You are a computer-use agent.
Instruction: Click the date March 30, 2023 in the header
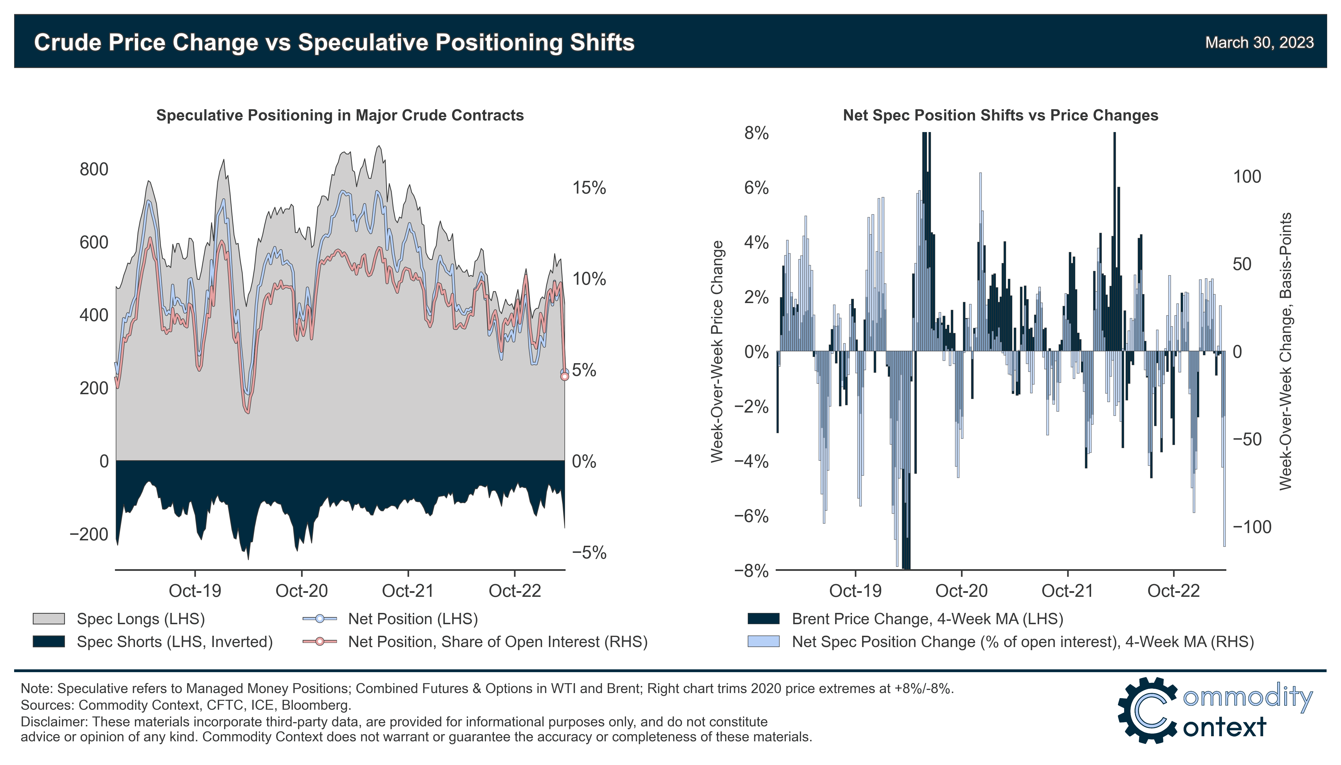[1259, 43]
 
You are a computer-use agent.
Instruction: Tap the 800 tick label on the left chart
[93, 170]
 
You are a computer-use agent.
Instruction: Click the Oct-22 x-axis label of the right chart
[1173, 591]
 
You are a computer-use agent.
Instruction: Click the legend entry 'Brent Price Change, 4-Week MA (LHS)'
[927, 619]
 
